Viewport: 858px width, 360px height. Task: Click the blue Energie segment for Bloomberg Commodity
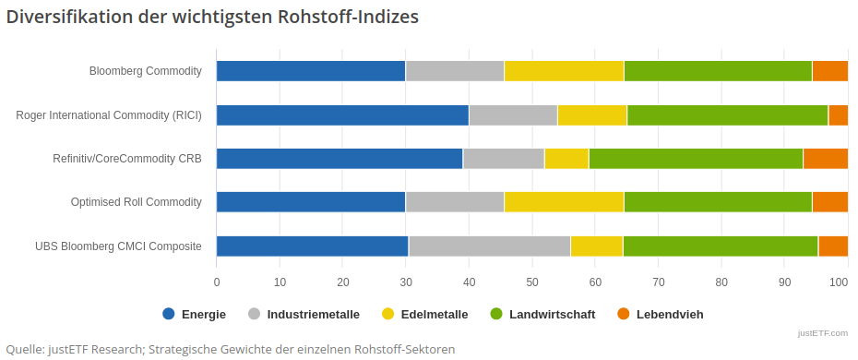[311, 71]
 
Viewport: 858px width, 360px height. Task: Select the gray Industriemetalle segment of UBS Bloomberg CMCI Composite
[489, 246]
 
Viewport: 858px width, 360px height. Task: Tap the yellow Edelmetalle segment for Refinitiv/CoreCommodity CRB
[566, 158]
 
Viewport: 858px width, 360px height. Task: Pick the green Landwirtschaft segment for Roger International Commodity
[727, 114]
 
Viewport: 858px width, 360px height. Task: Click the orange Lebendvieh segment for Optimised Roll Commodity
[829, 202]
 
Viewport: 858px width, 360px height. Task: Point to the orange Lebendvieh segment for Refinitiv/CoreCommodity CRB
[825, 158]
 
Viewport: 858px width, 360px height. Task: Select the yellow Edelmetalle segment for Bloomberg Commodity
[564, 71]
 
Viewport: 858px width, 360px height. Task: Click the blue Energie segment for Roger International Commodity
[342, 114]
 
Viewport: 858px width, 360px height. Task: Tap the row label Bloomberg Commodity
[145, 71]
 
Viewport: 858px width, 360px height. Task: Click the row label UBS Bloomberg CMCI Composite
[118, 246]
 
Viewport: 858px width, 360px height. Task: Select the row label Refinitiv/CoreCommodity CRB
[127, 159]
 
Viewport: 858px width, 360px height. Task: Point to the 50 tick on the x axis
[532, 282]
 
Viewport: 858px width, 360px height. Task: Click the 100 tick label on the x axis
[840, 282]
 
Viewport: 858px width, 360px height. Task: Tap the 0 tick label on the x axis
[217, 282]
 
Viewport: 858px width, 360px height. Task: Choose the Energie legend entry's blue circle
[168, 314]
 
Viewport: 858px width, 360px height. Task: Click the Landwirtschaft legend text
[552, 315]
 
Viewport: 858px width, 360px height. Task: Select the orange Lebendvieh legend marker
[623, 314]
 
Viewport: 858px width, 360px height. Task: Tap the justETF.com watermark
[825, 333]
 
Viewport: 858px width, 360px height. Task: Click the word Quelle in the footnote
[26, 349]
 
